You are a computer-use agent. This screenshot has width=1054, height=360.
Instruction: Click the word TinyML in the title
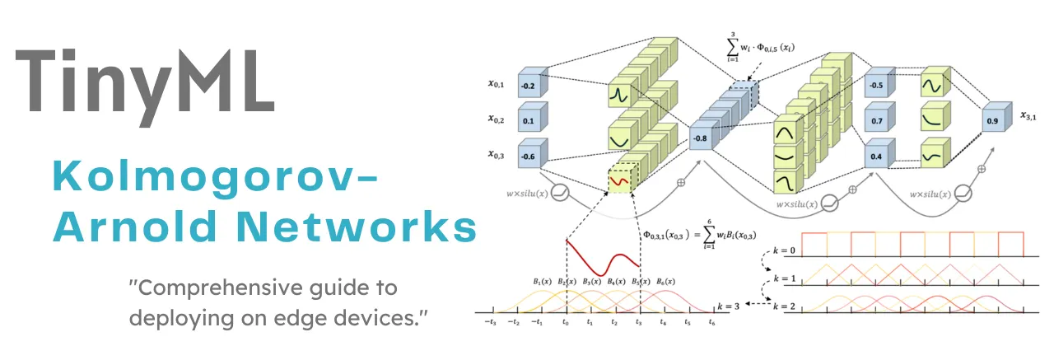point(145,81)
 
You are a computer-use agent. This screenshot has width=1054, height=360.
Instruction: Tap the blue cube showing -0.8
point(700,138)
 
